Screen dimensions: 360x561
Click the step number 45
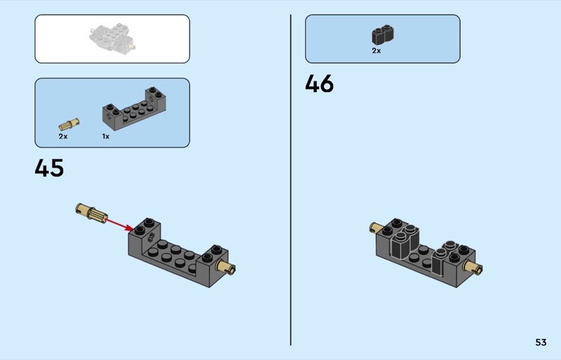pos(49,168)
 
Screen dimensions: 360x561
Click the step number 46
pos(319,84)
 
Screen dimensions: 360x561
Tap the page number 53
pos(541,342)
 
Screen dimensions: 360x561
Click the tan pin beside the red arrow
pos(90,211)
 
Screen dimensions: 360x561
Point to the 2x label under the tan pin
pos(63,136)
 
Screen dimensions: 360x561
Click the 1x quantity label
pos(106,136)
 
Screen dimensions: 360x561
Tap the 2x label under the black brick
pos(377,51)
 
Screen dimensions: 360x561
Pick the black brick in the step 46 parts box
pos(382,34)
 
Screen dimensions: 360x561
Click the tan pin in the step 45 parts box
pos(69,124)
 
